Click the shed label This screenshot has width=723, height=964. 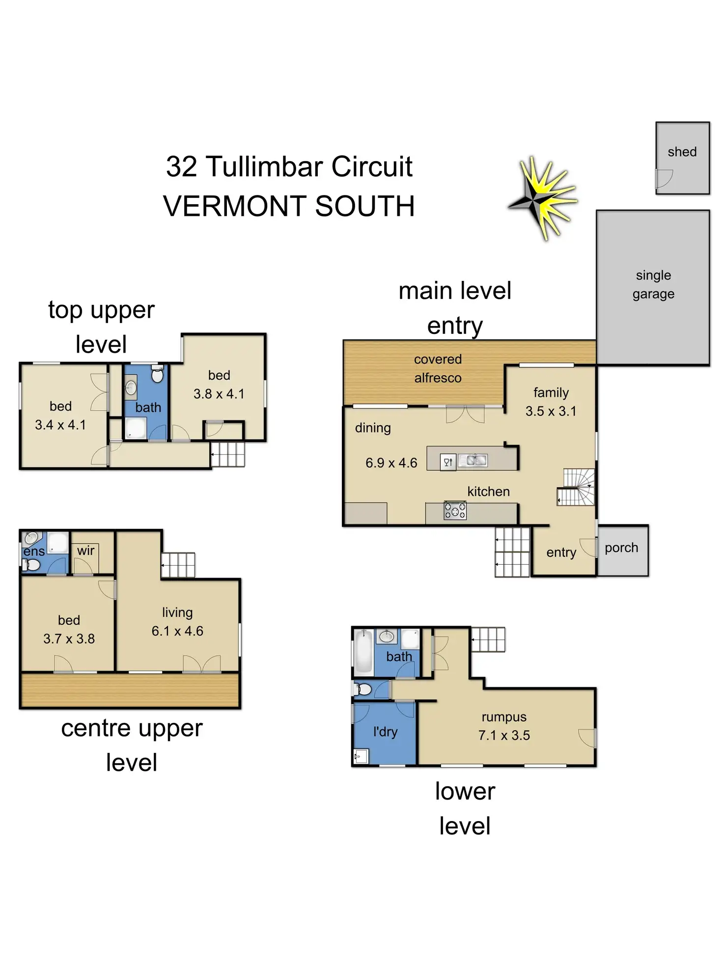point(682,152)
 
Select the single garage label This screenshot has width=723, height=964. point(653,284)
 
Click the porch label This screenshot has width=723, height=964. point(621,548)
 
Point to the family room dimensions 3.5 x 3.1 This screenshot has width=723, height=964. point(551,411)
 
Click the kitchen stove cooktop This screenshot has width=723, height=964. point(455,511)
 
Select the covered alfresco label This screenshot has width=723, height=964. point(438,368)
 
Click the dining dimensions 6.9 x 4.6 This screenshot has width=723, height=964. point(391,463)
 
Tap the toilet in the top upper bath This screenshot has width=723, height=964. point(157,375)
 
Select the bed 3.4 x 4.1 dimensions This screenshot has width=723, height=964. point(60,425)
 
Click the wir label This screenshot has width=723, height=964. point(85,551)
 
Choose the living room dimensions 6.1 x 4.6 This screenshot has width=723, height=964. point(177,631)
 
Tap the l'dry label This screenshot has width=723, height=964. point(385,732)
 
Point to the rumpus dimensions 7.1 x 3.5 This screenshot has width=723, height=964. point(504,735)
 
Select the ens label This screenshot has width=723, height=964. point(34,551)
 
